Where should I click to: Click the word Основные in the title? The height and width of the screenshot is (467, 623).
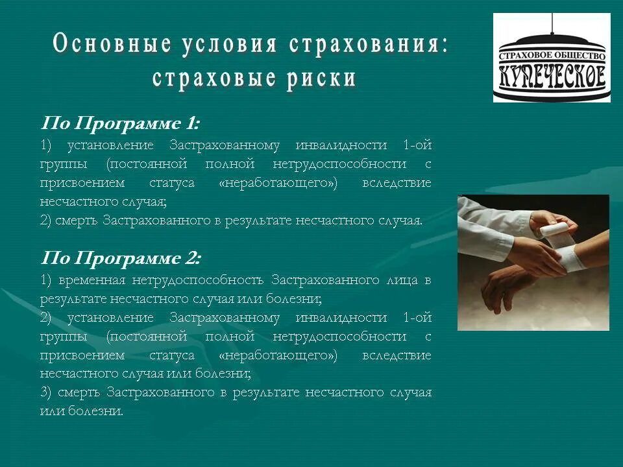coord(112,44)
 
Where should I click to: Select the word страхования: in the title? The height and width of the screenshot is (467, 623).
coord(368,44)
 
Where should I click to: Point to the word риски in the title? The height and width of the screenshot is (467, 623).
coord(319,78)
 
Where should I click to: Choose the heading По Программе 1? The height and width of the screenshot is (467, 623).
coord(121,123)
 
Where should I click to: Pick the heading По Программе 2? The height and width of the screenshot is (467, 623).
coord(121,258)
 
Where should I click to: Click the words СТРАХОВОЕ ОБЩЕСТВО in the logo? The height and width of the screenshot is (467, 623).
coord(552,58)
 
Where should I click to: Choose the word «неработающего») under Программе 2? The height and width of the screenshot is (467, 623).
coord(279,355)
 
